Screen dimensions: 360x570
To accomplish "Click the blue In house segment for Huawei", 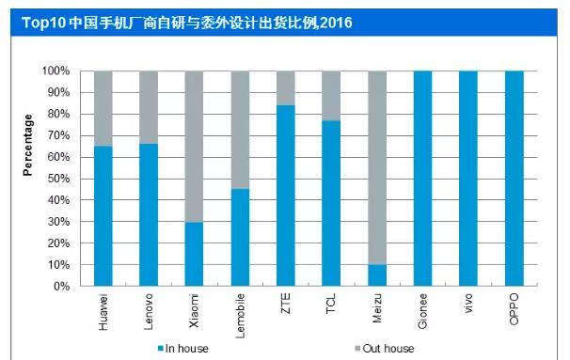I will [x=103, y=216].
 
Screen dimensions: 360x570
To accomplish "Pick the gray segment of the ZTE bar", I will [x=285, y=87].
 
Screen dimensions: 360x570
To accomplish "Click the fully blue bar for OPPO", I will [x=514, y=179].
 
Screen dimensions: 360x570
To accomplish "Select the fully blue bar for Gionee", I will [x=422, y=179].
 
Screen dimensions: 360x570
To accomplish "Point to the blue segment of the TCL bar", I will [x=331, y=203].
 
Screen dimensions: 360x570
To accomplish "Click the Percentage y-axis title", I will [x=27, y=146].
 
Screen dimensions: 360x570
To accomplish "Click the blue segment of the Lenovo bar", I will [x=149, y=215].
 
